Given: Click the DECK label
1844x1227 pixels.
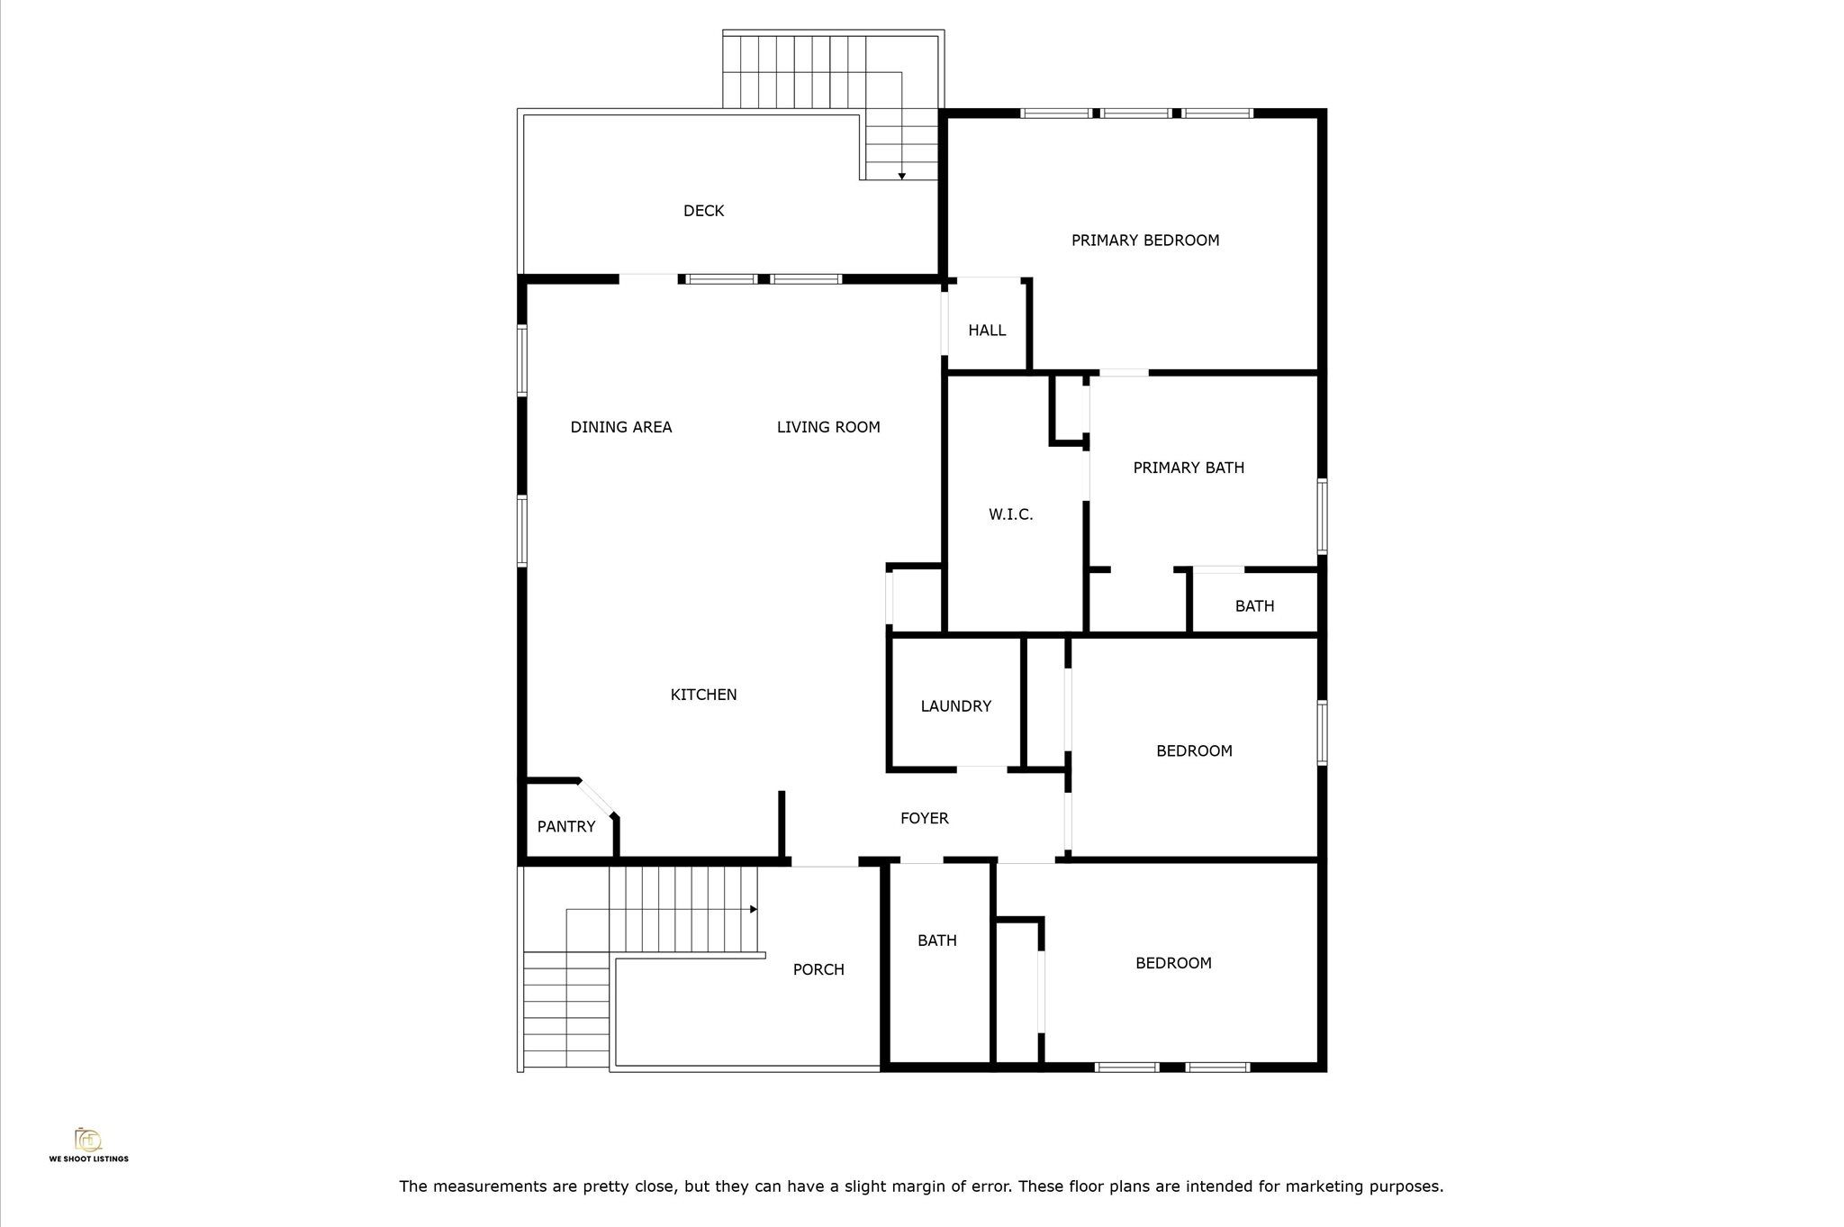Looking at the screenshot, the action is (x=703, y=211).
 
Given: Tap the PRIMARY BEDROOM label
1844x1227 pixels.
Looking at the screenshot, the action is (x=1145, y=241).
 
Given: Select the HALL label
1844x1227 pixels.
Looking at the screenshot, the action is (x=987, y=331).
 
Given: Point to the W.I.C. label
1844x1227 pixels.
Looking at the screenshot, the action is (x=1010, y=514).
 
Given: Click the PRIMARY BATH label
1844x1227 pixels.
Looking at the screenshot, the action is (x=1189, y=468).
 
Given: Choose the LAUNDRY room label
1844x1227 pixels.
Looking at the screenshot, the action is (x=956, y=706).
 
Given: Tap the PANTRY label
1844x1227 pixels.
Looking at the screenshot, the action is (x=566, y=826).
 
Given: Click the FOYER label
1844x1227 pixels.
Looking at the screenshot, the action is (x=925, y=818).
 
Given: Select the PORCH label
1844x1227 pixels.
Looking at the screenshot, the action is (x=818, y=969).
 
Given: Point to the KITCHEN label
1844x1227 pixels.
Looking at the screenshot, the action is (x=703, y=695).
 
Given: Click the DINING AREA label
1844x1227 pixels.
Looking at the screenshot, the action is (x=621, y=427).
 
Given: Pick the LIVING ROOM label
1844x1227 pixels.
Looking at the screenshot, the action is (x=828, y=427).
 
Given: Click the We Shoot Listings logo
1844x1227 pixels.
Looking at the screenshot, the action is (x=88, y=1144).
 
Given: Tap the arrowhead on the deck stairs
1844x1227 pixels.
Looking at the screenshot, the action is (x=901, y=176).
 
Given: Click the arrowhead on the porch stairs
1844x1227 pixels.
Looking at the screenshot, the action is (x=754, y=909).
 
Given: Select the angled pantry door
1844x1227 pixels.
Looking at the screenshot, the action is (x=595, y=798).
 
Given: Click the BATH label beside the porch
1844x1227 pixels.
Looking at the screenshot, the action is (x=936, y=941).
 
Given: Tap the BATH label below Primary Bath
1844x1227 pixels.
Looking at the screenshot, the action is (x=1254, y=606).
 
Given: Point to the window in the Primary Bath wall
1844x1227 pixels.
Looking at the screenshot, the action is (x=1322, y=515).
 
